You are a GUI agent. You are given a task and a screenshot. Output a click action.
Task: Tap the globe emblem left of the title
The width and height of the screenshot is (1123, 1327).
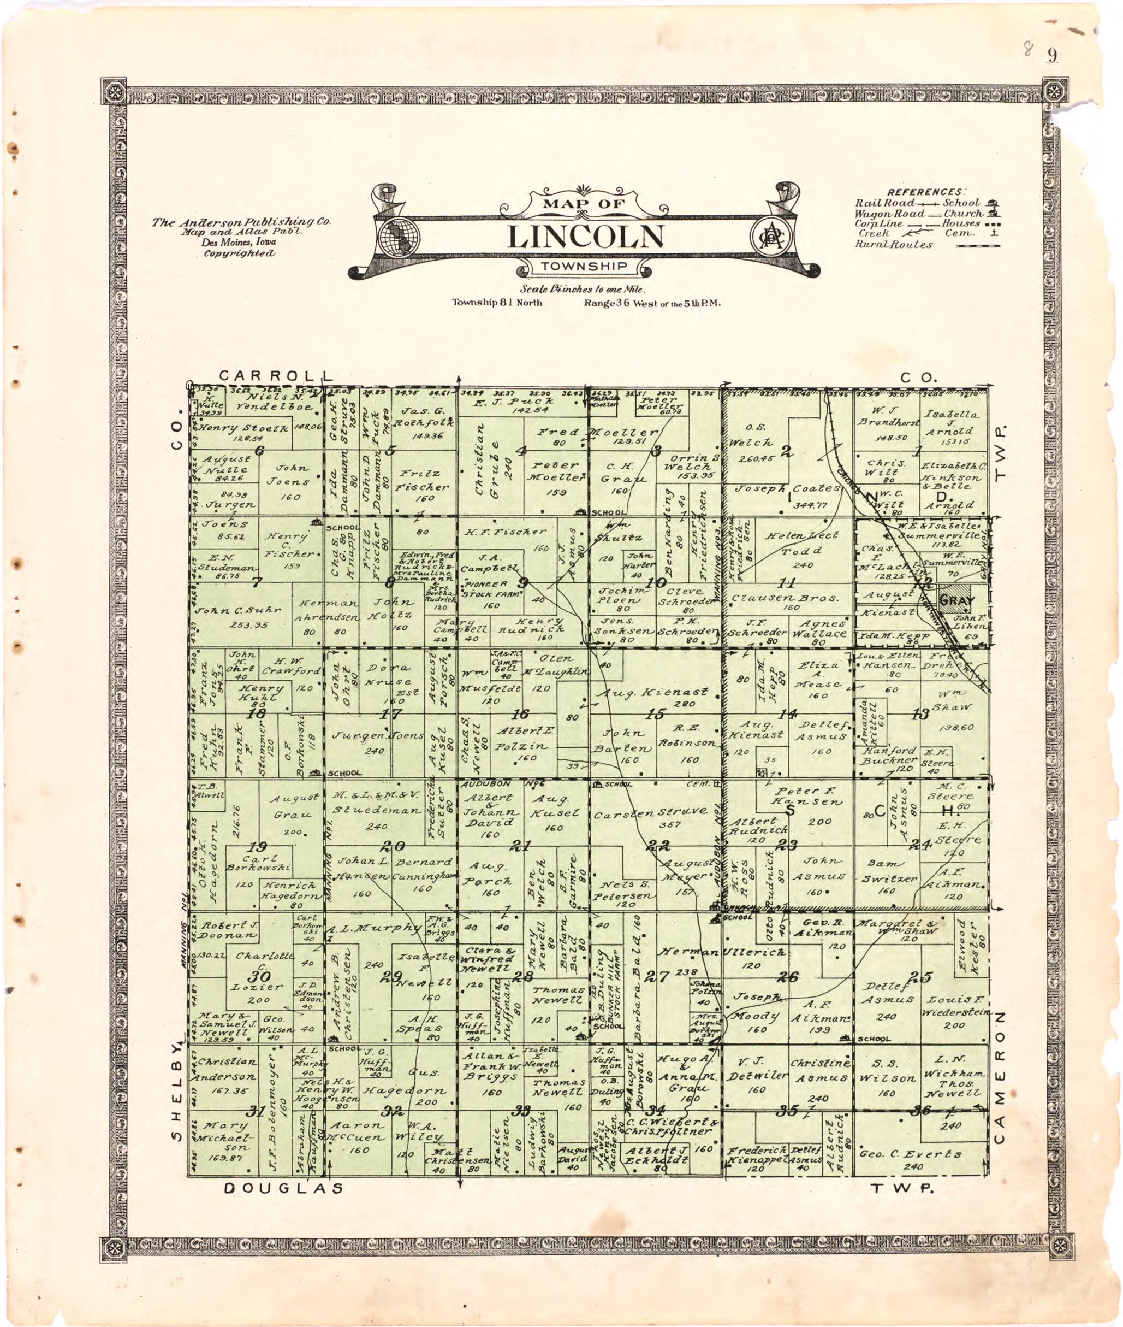coord(396,237)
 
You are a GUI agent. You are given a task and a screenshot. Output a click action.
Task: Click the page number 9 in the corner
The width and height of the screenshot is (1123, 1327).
coord(1051,56)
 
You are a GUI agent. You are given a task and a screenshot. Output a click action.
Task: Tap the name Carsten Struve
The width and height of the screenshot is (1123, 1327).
coord(650,812)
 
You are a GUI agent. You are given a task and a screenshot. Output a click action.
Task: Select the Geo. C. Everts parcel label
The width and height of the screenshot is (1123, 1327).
coord(911,1154)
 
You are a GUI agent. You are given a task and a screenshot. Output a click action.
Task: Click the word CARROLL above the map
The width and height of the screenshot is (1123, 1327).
coord(276,375)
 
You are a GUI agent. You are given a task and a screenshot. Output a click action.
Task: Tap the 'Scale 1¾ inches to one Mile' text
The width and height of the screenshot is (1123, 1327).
coord(583,288)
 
